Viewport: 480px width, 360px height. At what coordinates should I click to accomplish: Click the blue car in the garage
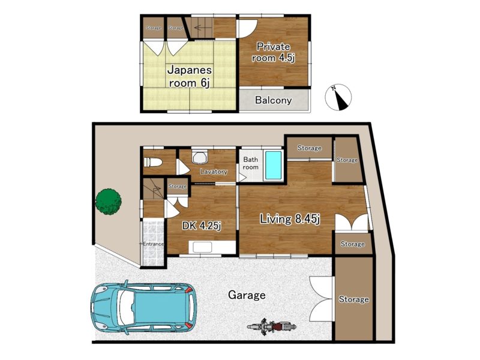144,308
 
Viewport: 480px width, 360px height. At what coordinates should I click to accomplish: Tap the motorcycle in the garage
272,327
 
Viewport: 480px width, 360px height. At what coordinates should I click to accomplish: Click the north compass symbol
338,97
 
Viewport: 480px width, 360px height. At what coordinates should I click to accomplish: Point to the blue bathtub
274,166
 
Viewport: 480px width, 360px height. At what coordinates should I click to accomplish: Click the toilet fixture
151,162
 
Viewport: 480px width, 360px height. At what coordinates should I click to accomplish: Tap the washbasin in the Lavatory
200,157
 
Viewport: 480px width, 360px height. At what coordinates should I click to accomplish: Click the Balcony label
274,100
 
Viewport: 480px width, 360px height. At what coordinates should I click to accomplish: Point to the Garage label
247,295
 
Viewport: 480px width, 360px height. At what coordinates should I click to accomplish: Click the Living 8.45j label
290,219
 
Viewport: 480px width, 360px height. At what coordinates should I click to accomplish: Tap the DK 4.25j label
202,226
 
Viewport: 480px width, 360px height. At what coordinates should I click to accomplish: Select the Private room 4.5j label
273,52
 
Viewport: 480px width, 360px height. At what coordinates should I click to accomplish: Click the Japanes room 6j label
190,77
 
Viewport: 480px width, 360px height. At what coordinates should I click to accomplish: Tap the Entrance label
154,244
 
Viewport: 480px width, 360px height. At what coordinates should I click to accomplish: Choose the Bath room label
251,163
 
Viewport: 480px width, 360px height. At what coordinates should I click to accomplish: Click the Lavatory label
214,172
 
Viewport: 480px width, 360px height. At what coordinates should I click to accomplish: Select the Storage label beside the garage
353,299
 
